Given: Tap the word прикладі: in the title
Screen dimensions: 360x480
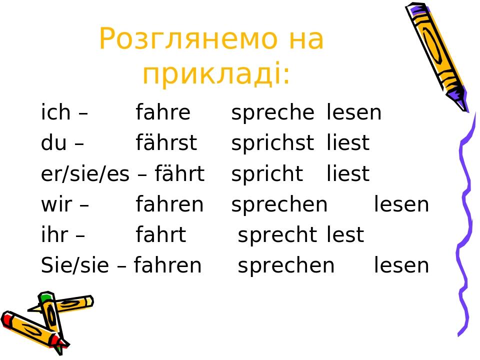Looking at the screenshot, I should pos(216,75).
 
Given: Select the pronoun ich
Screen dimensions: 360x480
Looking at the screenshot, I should pos(55,113).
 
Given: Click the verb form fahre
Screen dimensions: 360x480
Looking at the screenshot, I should pos(163,113).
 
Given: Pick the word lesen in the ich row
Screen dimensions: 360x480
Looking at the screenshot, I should pos(354,113).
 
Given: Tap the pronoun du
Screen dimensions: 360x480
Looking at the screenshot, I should pos(54,143).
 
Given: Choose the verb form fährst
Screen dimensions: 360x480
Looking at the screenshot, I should pos(166,143).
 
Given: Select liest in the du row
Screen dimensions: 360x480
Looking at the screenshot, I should pos(348,143).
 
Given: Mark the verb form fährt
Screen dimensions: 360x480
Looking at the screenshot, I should pos(179,174).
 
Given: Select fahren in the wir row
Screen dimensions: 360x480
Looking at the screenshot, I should pos(169,204).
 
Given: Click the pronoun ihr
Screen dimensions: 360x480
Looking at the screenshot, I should pos(55,235).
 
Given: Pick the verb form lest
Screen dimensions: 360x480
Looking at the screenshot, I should pos(345,235).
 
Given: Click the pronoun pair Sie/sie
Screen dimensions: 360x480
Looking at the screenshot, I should pos(74,265).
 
